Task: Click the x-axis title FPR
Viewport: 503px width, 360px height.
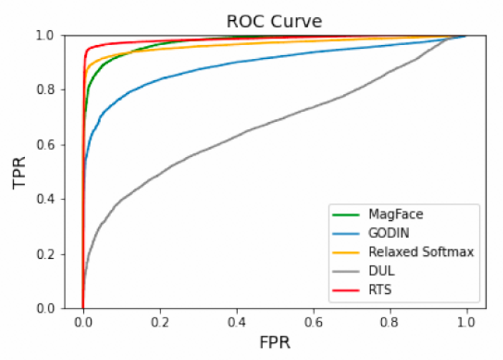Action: click(274, 343)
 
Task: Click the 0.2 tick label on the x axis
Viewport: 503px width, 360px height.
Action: click(160, 321)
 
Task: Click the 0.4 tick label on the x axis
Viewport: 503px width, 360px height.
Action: click(236, 321)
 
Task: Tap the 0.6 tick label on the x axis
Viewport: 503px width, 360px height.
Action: click(313, 321)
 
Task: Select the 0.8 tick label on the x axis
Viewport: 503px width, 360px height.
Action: click(390, 321)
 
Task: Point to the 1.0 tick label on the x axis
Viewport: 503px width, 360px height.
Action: click(466, 321)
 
